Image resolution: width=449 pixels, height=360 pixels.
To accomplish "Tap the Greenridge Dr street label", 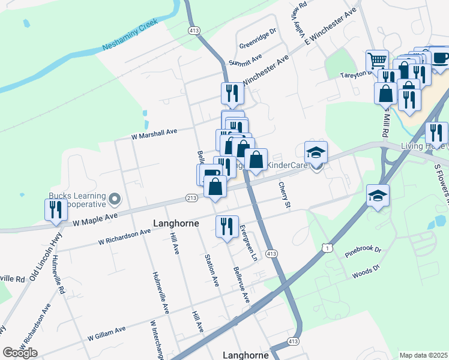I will pyautogui.click(x=258, y=38).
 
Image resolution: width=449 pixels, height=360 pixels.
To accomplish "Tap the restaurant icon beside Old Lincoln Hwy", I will pyautogui.click(x=56, y=211).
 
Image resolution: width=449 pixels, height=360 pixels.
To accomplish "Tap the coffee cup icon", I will pyautogui.click(x=441, y=58).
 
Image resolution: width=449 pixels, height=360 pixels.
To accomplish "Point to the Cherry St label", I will pyautogui.click(x=284, y=196).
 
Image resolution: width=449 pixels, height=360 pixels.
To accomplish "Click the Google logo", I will pyautogui.click(x=20, y=353).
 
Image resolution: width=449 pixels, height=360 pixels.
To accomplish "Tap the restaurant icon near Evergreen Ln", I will pyautogui.click(x=227, y=227).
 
